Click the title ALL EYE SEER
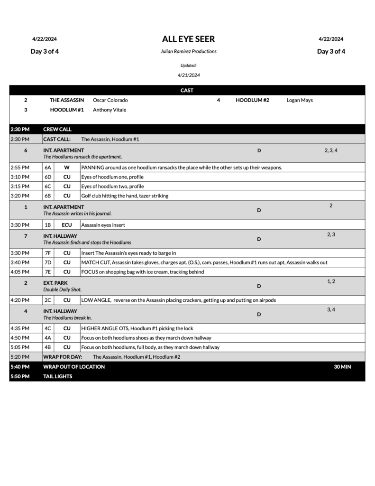(188, 39)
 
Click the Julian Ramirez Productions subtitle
(188, 51)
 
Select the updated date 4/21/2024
(189, 75)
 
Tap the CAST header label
(187, 90)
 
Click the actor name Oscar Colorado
(110, 100)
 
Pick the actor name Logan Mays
(300, 100)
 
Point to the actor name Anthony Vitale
(110, 110)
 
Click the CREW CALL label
(57, 129)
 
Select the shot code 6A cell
(47, 168)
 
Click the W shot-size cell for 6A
(67, 168)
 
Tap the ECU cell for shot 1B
(67, 225)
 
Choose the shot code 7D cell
(47, 262)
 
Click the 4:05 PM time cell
(20, 272)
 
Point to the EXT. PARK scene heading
(55, 283)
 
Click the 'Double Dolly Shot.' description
(63, 290)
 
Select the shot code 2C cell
(47, 300)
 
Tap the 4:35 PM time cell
(20, 328)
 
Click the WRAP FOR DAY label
(63, 356)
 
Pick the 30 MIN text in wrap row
(342, 366)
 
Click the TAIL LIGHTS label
(58, 376)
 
